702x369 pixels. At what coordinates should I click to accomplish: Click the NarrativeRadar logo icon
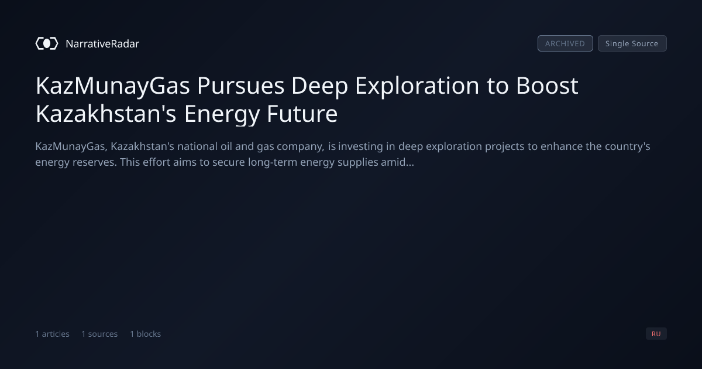point(47,43)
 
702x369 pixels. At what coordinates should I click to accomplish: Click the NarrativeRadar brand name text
point(102,43)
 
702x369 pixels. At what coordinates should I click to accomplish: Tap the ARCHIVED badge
point(565,43)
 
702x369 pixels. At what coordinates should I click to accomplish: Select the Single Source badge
point(632,43)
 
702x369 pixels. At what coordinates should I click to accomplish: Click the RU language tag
point(656,333)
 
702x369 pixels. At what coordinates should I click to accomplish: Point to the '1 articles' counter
point(52,334)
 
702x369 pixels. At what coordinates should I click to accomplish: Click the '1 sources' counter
point(99,334)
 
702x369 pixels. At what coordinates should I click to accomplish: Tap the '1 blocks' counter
point(146,334)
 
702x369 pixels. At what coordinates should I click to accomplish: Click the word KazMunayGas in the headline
point(113,86)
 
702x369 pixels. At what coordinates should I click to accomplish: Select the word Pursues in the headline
point(240,86)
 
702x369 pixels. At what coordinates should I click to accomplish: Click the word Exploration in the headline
point(417,86)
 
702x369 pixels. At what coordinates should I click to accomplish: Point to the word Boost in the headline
point(547,86)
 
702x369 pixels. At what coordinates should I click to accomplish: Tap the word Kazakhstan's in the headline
point(106,114)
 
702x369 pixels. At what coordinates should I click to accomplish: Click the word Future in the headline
point(302,114)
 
